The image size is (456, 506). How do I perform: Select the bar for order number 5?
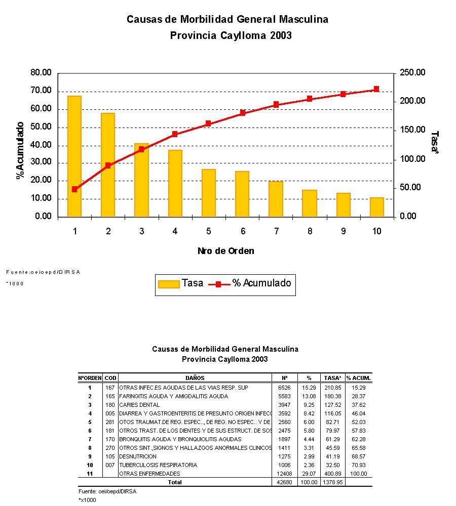pos(208,193)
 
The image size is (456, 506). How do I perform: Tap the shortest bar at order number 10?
pos(376,207)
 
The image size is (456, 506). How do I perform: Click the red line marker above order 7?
pos(276,105)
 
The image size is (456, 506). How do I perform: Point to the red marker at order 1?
pos(74,189)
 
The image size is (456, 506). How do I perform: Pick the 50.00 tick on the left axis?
pos(41,127)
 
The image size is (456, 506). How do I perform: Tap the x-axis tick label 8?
pos(310,231)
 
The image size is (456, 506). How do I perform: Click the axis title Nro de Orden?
pos(226,251)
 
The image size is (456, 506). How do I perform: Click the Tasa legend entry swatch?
pos(169,284)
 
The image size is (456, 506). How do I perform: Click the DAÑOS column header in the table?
pos(195,378)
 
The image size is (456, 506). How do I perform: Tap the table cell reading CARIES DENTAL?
pos(139,405)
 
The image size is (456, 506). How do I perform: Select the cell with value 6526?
pos(284,388)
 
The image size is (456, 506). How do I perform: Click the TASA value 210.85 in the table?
pos(333,388)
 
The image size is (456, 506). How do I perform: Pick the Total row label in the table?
pos(175,482)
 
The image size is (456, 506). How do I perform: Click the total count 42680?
pos(284,482)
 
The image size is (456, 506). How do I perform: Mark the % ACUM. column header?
pos(359,378)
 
